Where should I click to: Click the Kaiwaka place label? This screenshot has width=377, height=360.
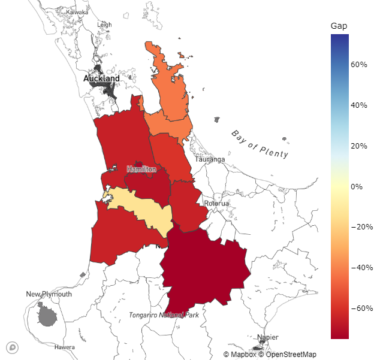click(x=77, y=12)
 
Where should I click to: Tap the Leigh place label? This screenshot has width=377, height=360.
click(x=104, y=25)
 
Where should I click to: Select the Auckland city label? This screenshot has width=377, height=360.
click(x=101, y=78)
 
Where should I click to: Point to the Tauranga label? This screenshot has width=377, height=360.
click(x=210, y=159)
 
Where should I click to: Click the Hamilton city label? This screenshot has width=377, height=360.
click(x=141, y=170)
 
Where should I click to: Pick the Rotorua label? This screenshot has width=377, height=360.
click(x=216, y=204)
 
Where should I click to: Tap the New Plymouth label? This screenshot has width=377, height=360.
click(x=49, y=294)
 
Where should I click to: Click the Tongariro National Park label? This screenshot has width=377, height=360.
click(x=164, y=314)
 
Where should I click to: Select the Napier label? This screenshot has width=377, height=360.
click(x=268, y=337)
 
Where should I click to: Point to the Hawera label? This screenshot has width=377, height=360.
click(x=65, y=347)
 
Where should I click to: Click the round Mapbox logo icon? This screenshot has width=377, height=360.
click(x=12, y=347)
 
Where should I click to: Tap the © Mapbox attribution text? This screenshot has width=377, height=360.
click(x=240, y=355)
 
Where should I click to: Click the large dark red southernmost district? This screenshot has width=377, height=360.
click(x=204, y=270)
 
